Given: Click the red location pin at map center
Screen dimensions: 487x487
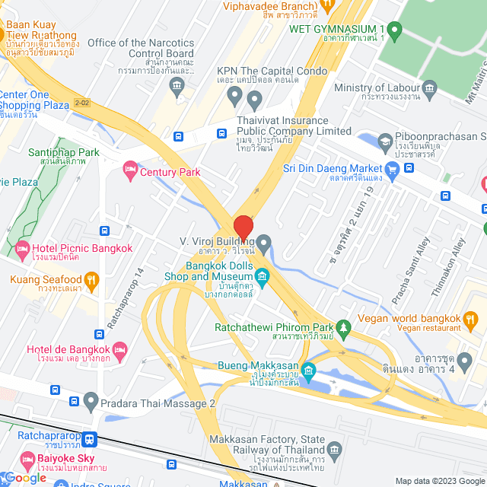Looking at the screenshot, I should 243,228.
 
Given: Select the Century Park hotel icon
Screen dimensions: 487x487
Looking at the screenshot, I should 130,167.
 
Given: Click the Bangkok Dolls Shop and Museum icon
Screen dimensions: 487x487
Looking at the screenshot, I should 263,275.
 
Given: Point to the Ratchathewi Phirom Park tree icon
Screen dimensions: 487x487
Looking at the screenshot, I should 343,328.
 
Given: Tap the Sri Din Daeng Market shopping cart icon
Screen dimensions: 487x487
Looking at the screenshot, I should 392,168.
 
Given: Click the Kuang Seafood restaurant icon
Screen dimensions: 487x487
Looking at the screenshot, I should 91,279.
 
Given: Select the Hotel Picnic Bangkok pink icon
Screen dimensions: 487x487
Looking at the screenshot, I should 22,248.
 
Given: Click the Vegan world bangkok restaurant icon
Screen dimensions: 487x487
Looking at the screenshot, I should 472,317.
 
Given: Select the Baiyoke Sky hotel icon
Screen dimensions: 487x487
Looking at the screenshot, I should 27,458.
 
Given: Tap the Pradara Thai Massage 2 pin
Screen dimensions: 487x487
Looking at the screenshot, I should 91,401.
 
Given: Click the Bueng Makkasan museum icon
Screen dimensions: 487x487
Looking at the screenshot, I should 308,371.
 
